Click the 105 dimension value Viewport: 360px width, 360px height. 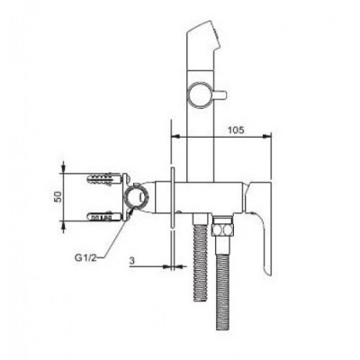pyautogui.click(x=236, y=130)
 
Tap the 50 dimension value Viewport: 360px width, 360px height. pyautogui.click(x=58, y=196)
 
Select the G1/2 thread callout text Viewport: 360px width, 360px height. pyautogui.click(x=85, y=258)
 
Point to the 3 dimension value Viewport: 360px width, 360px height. pyautogui.click(x=131, y=261)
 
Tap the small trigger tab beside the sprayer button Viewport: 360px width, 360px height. pyautogui.click(x=219, y=94)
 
